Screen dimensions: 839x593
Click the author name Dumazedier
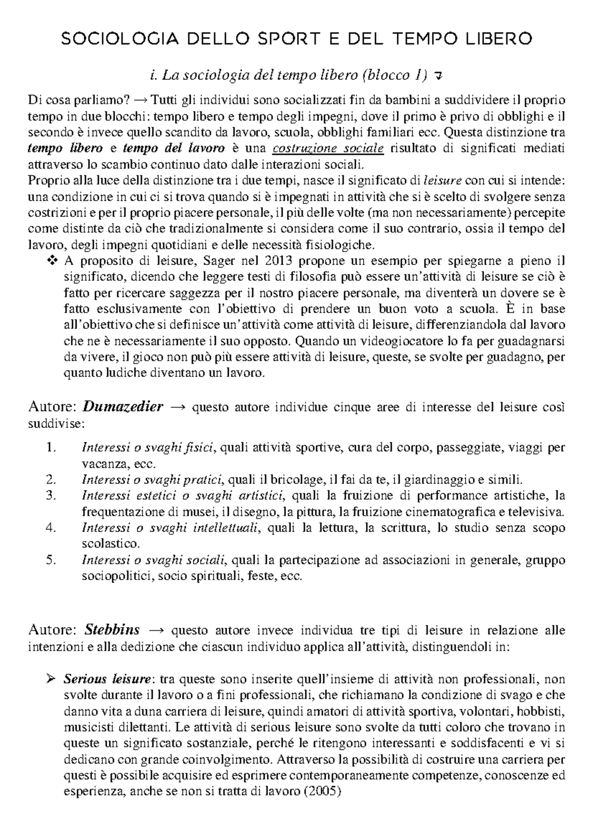coord(123,407)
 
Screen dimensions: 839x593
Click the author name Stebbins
coord(112,630)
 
